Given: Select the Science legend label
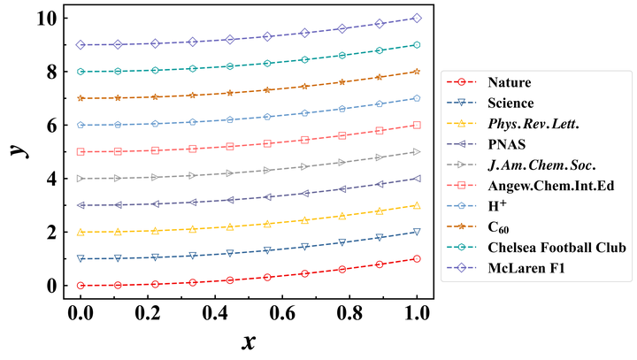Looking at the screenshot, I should pyautogui.click(x=510, y=103).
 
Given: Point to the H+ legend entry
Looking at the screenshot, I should pyautogui.click(x=496, y=204).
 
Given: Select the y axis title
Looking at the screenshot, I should pyautogui.click(x=17, y=150).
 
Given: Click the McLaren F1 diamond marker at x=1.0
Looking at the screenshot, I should pyautogui.click(x=417, y=18).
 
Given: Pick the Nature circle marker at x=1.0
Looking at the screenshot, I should pyautogui.click(x=417, y=259).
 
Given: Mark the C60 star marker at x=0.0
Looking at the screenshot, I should pyautogui.click(x=81, y=98).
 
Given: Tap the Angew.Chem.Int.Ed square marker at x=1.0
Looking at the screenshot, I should pyautogui.click(x=417, y=125).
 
